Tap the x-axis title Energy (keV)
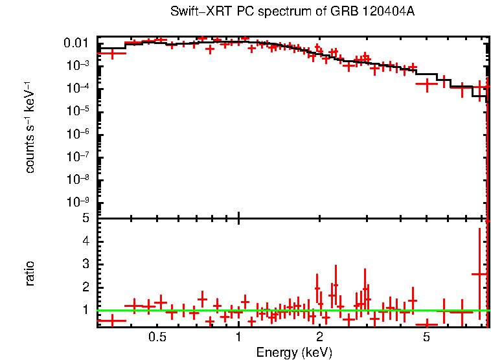294,352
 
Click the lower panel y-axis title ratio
30,273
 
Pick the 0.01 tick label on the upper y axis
77,43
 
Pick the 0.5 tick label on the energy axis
157,337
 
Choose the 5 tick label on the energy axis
426,337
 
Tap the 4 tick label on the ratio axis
85,242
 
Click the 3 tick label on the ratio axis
85,264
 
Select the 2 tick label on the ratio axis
85,287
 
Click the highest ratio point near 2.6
479,274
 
